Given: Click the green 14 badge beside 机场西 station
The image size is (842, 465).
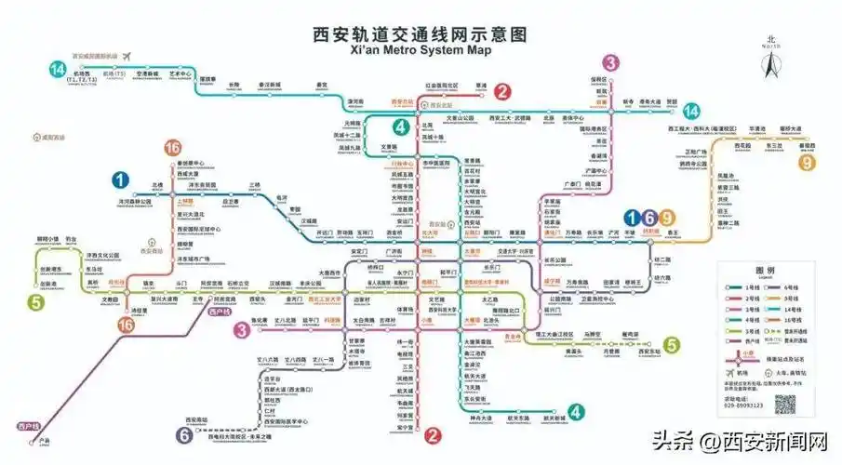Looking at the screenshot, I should tap(58, 68).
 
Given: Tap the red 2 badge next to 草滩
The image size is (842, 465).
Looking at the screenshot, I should tap(502, 91).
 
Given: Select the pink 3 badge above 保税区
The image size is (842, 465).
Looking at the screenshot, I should tap(610, 63).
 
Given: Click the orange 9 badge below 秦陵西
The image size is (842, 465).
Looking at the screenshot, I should tap(806, 164).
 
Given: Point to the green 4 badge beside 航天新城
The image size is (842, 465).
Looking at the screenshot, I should tap(578, 412).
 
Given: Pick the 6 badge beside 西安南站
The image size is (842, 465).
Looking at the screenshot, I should tap(185, 433).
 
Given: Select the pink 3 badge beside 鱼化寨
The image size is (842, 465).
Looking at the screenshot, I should tap(241, 329).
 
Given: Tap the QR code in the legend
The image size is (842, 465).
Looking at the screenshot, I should tap(787, 404).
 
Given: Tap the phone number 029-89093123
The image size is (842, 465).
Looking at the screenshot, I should tap(742, 405).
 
